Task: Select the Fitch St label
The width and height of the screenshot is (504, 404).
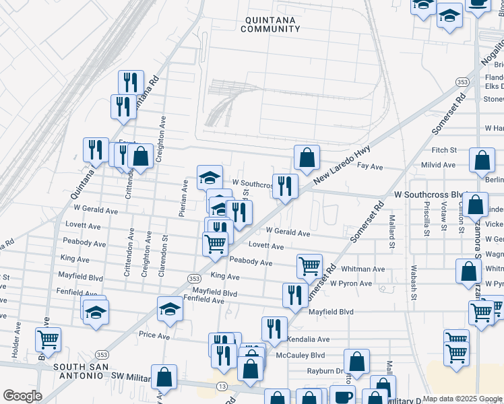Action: pyautogui.click(x=444, y=149)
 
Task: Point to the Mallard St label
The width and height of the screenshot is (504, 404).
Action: pyautogui.click(x=391, y=232)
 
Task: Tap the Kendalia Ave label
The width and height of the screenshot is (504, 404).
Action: pyautogui.click(x=309, y=339)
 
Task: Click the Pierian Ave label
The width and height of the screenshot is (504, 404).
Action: pyautogui.click(x=183, y=198)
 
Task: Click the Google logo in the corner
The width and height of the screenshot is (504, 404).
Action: pyautogui.click(x=22, y=396)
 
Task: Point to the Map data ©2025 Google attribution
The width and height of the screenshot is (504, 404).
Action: pyautogui.click(x=462, y=399)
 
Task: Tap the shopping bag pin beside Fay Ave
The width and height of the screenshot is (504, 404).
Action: pyautogui.click(x=307, y=159)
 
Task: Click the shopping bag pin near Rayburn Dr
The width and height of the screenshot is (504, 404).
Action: pyautogui.click(x=356, y=362)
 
